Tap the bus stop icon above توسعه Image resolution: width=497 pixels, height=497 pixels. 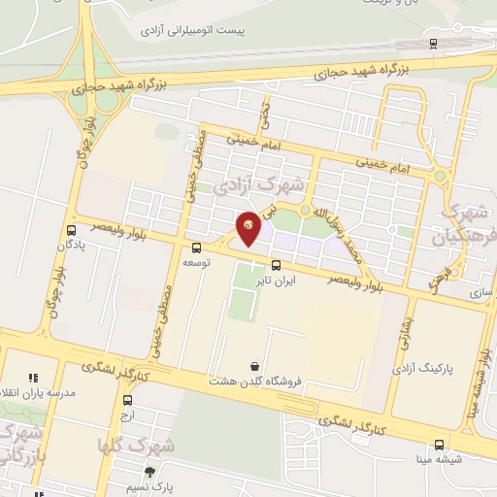tap(197, 248)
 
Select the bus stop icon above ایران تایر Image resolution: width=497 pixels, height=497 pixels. tap(276, 264)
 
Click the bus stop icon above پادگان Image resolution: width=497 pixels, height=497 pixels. tap(71, 230)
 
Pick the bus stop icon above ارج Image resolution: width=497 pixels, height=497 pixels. tap(127, 399)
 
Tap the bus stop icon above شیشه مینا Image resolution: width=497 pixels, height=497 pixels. tap(440, 444)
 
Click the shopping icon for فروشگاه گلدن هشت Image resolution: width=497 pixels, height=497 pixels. tap(254, 366)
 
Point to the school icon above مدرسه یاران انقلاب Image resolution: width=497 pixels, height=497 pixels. tap(32, 378)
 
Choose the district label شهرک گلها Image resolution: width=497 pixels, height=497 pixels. tap(136, 447)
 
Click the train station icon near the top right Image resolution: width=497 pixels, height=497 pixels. tap(432, 43)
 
